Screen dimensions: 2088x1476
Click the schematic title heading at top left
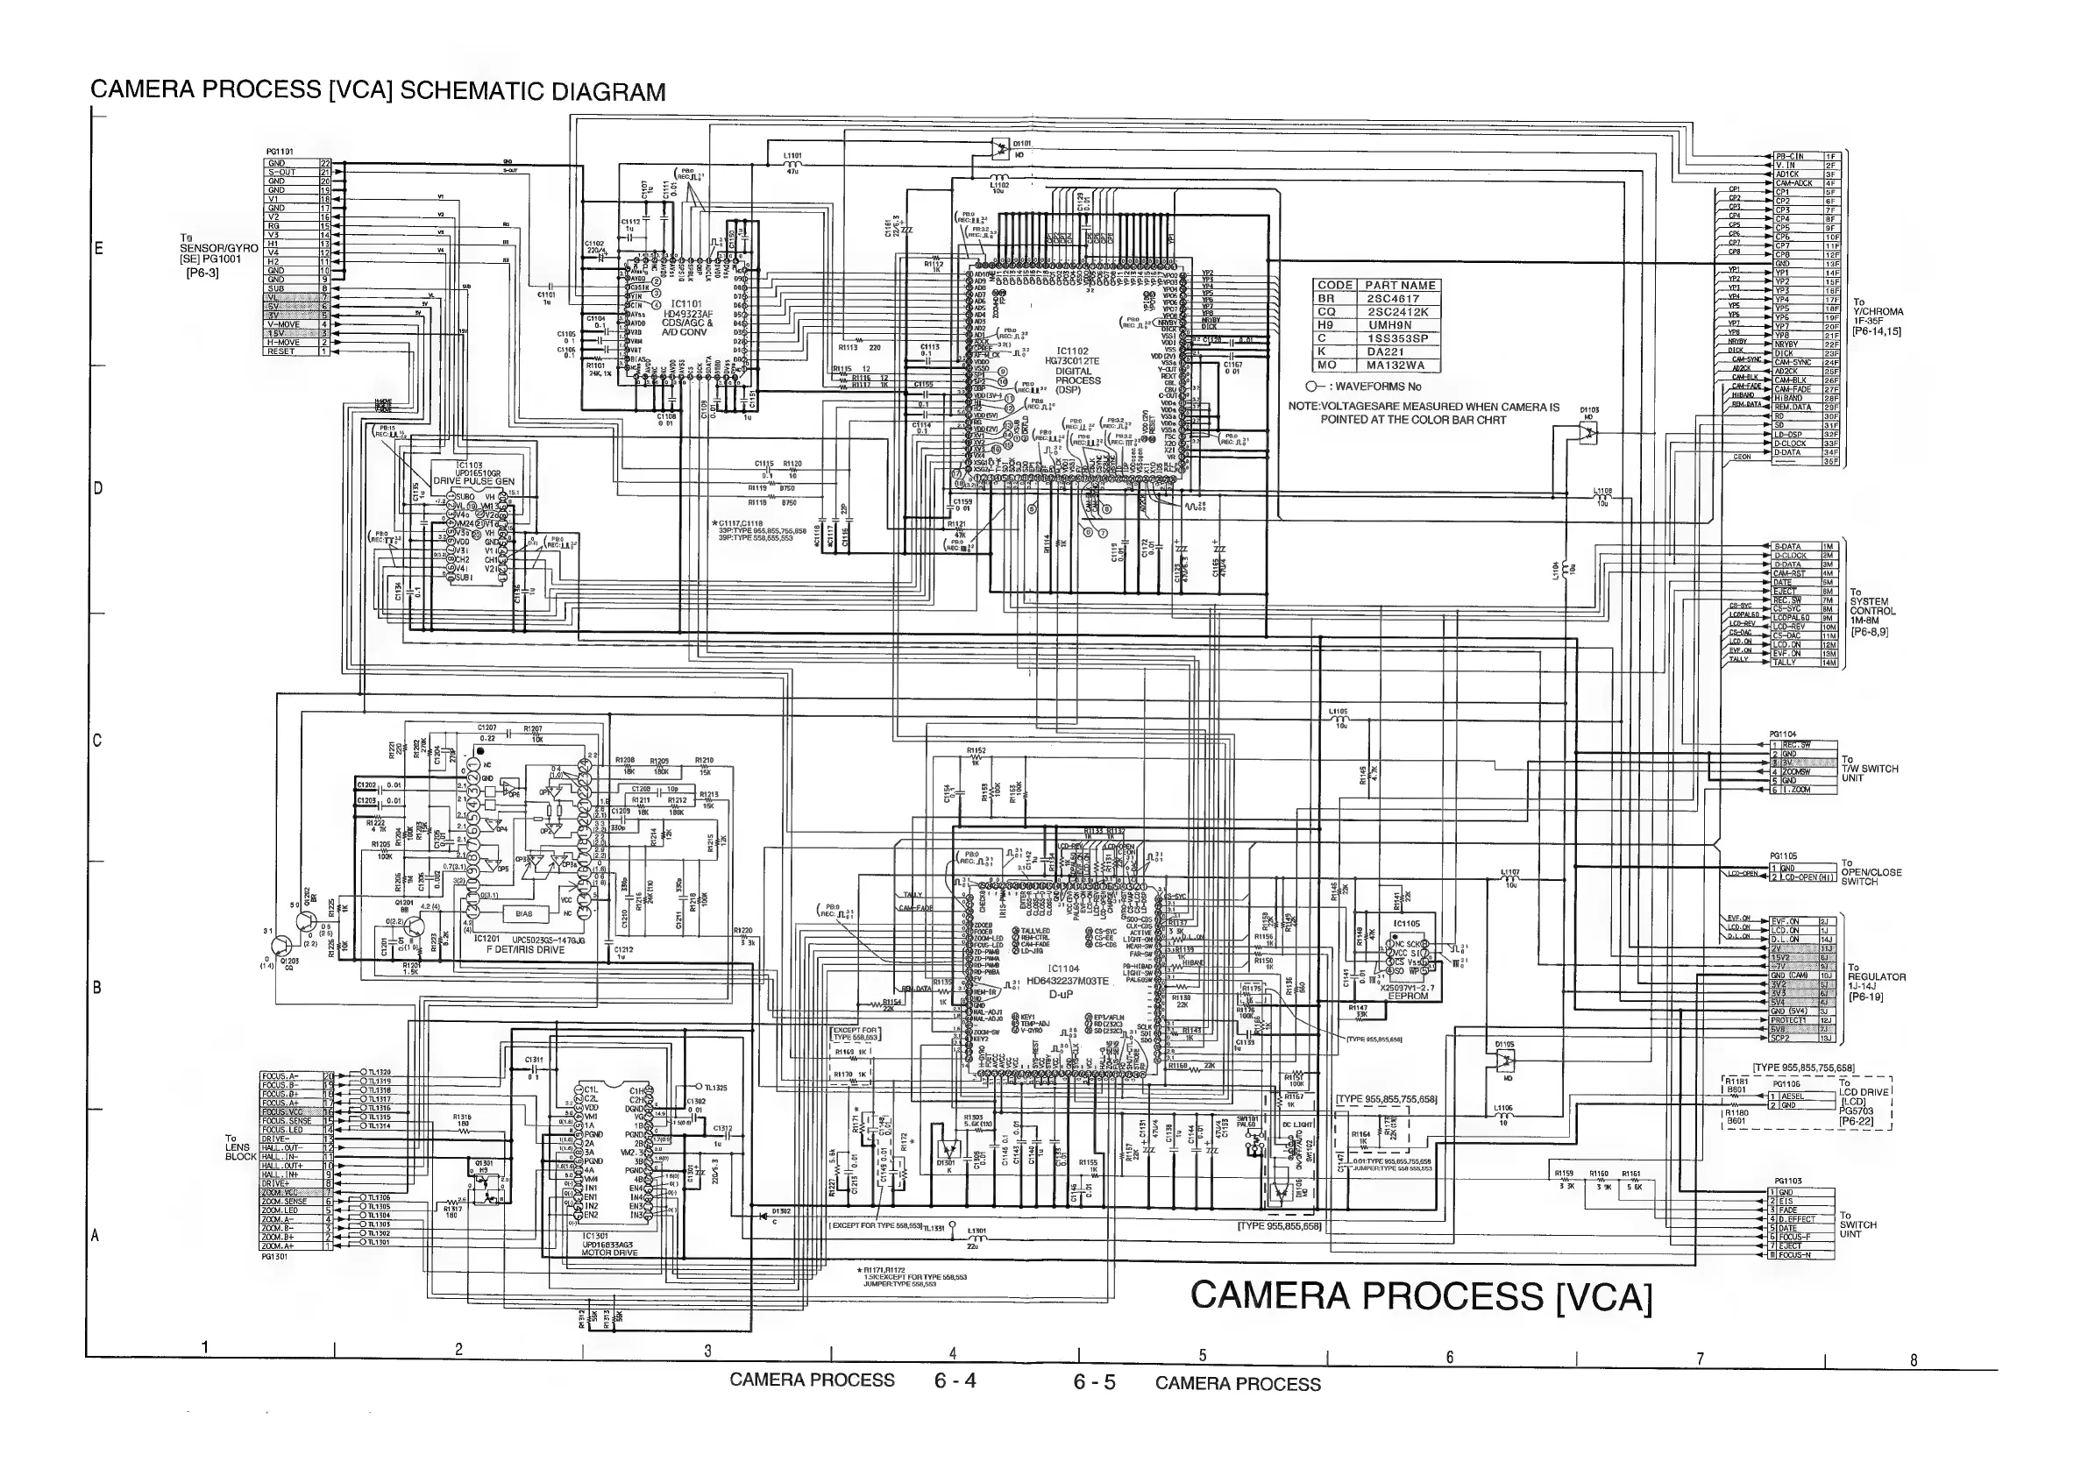pyautogui.click(x=378, y=92)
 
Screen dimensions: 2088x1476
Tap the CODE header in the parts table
pyautogui.click(x=1336, y=286)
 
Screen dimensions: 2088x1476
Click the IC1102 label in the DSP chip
pyautogui.click(x=1072, y=351)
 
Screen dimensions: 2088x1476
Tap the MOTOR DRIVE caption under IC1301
pyautogui.click(x=609, y=1252)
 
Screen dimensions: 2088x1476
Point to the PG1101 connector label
pyautogui.click(x=279, y=152)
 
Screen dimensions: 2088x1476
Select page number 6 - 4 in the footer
pyautogui.click(x=955, y=1380)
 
